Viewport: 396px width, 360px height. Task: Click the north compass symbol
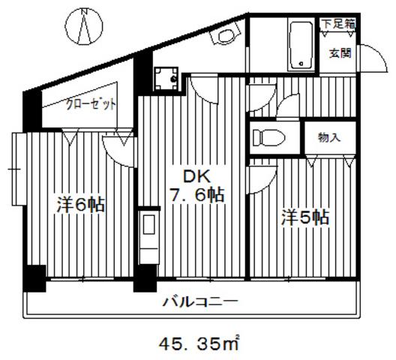click(x=84, y=27)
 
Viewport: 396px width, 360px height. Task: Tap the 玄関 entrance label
click(x=340, y=53)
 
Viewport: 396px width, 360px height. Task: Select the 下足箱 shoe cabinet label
click(x=338, y=24)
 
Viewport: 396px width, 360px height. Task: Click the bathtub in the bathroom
click(x=301, y=46)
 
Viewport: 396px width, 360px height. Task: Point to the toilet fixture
click(x=268, y=138)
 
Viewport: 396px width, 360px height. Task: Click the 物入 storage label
click(x=329, y=137)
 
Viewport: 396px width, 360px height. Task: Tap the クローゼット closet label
click(x=91, y=104)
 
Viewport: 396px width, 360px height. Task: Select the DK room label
click(x=196, y=176)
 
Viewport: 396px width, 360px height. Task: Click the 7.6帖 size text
click(x=197, y=195)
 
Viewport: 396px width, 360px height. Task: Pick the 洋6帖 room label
click(x=80, y=205)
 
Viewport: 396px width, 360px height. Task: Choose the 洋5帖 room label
click(x=305, y=217)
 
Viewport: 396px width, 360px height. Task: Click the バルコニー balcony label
click(x=200, y=301)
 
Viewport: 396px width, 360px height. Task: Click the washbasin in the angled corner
click(x=225, y=34)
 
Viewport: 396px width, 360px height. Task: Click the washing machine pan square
click(x=166, y=79)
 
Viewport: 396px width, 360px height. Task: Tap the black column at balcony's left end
click(x=34, y=278)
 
